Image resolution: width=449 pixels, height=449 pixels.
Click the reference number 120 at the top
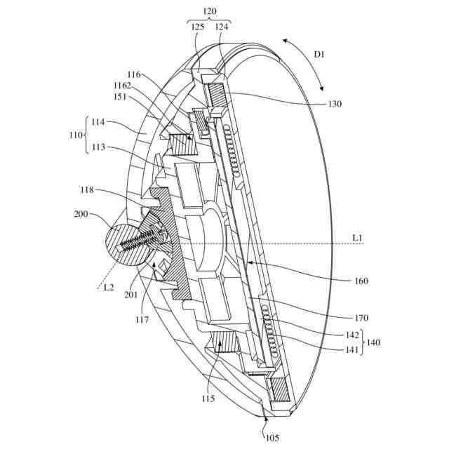[x=209, y=12]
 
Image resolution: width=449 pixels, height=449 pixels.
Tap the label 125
[x=197, y=27]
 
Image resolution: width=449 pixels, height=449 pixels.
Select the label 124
[x=222, y=27]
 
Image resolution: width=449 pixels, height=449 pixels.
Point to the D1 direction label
[x=320, y=54]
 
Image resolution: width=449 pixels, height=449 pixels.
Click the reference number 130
[x=334, y=104]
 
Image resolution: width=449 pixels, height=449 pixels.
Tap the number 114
[x=99, y=122]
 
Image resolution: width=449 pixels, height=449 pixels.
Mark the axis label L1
[x=358, y=239]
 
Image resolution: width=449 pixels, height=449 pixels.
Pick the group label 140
[x=373, y=343]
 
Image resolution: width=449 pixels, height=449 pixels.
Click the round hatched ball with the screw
[x=126, y=245]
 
